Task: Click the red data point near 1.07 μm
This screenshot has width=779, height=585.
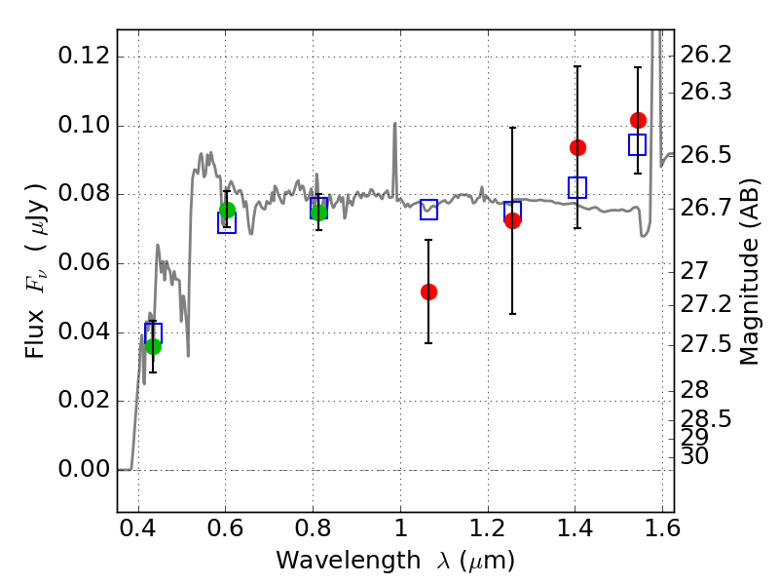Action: pyautogui.click(x=428, y=292)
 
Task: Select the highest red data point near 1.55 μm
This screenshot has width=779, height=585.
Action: pyautogui.click(x=638, y=120)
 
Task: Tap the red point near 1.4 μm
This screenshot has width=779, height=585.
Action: pyautogui.click(x=577, y=147)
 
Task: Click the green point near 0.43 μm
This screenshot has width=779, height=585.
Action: pyautogui.click(x=153, y=346)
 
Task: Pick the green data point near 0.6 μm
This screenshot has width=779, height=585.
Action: pyautogui.click(x=227, y=210)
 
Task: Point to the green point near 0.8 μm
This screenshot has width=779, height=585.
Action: pyautogui.click(x=318, y=213)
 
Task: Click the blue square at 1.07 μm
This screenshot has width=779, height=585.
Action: pyautogui.click(x=428, y=209)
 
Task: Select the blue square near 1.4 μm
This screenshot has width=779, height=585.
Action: pyautogui.click(x=577, y=187)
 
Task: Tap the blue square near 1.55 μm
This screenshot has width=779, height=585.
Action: pyautogui.click(x=638, y=144)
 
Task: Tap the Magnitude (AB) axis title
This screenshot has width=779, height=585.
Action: pyautogui.click(x=749, y=271)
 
